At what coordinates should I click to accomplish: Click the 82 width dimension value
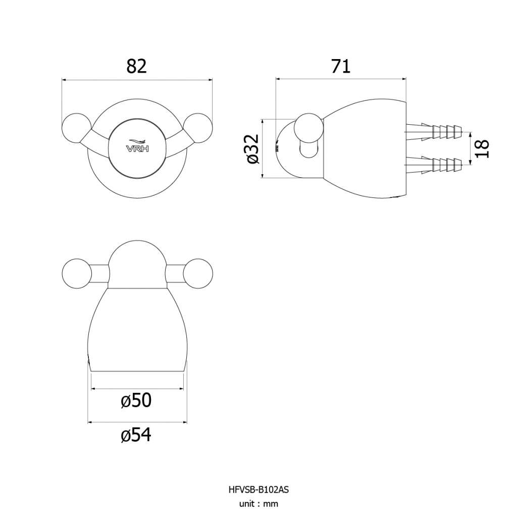(x=136, y=66)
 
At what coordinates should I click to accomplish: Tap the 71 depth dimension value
(x=341, y=66)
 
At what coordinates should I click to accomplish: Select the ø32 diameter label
(x=252, y=149)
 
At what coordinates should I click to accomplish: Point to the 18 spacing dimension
(x=482, y=149)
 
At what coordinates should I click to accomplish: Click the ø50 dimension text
(x=136, y=400)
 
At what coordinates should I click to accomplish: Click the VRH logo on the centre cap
(x=137, y=146)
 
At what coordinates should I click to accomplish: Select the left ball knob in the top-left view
(x=77, y=128)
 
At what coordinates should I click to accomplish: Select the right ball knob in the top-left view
(x=198, y=128)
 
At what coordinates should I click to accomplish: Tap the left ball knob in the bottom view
(x=77, y=274)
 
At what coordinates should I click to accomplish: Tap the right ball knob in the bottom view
(x=198, y=274)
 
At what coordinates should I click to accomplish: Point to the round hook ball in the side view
(x=308, y=128)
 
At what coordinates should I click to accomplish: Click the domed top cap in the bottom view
(x=137, y=265)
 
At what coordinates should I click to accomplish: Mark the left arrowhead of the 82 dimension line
(x=64, y=79)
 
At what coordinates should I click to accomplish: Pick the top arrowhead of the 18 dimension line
(x=471, y=134)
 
